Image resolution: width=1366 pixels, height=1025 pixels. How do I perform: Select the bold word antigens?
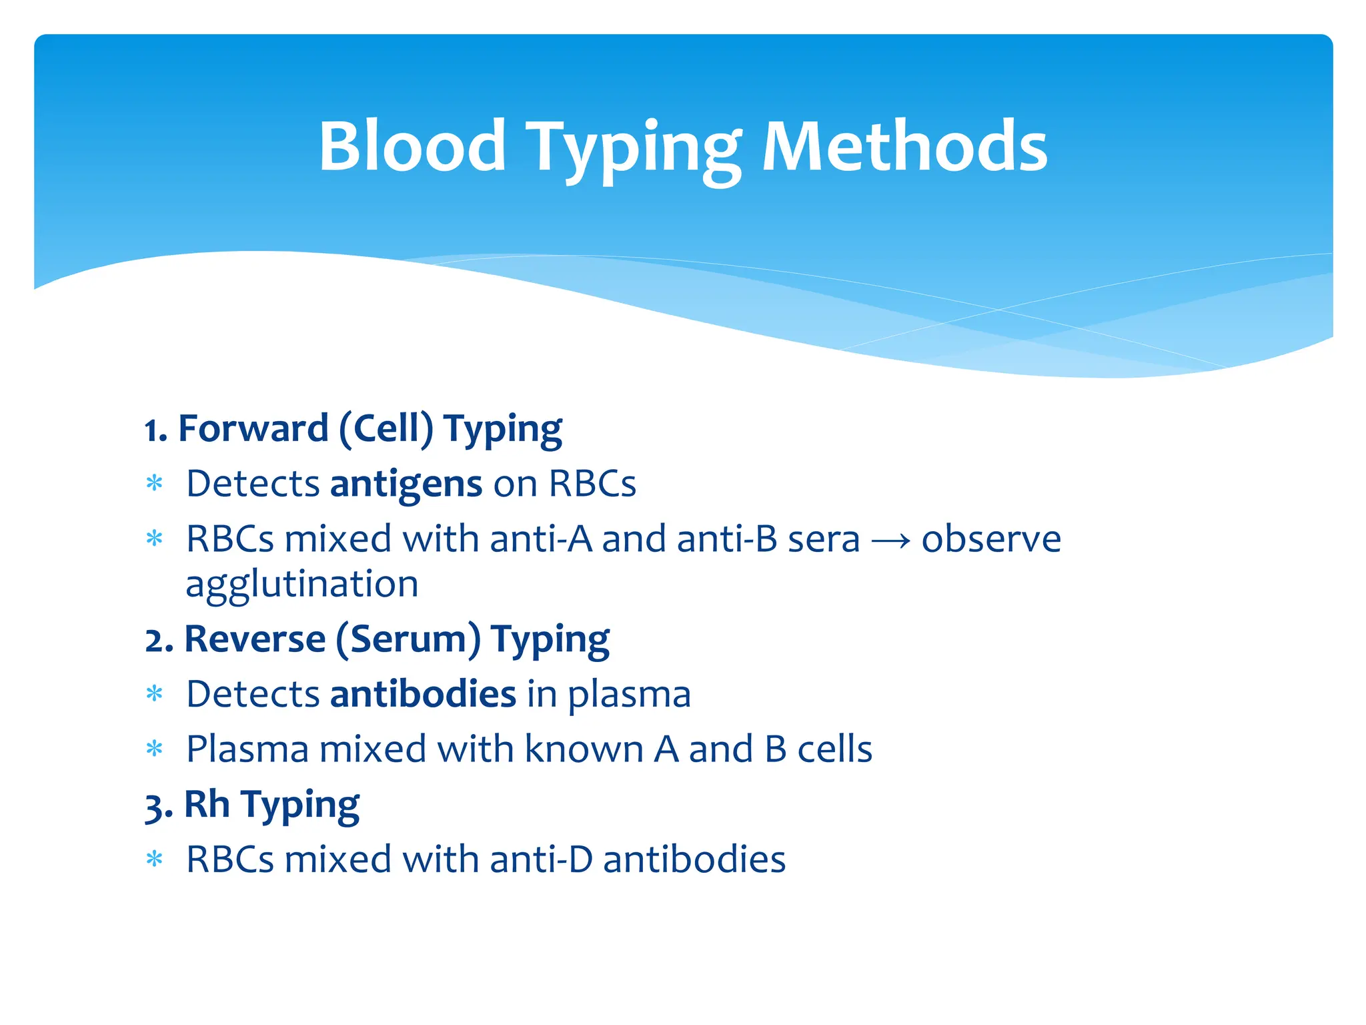406,484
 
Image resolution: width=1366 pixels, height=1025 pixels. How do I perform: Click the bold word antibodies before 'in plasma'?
423,695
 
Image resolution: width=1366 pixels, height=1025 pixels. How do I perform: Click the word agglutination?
301,585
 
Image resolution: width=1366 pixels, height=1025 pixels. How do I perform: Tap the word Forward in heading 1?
253,429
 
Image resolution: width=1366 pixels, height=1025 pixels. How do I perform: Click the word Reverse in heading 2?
255,640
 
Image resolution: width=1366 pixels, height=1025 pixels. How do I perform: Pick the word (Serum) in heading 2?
408,640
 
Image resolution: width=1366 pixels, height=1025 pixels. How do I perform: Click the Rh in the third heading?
207,805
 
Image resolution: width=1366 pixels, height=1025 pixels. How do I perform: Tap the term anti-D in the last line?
541,860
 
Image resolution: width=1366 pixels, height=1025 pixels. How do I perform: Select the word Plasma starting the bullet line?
247,749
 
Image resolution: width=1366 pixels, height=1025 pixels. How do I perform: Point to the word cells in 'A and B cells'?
835,749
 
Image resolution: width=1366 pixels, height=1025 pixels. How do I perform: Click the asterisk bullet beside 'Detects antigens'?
154,483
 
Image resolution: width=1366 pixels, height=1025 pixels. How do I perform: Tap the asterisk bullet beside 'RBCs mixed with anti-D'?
154,860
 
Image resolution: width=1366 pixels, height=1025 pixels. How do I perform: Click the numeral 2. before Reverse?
159,641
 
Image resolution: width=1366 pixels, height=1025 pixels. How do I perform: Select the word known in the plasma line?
583,749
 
